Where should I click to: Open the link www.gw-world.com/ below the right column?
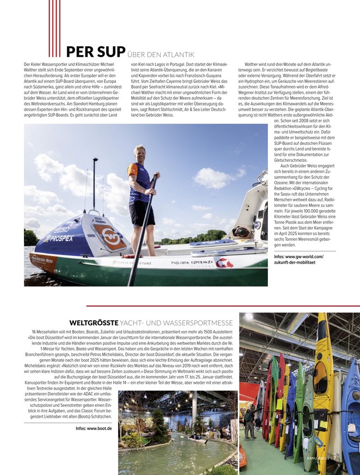click(298, 256)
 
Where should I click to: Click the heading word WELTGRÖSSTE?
click(93, 322)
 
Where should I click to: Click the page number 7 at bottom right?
click(350, 458)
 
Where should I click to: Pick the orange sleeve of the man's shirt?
click(132, 170)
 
